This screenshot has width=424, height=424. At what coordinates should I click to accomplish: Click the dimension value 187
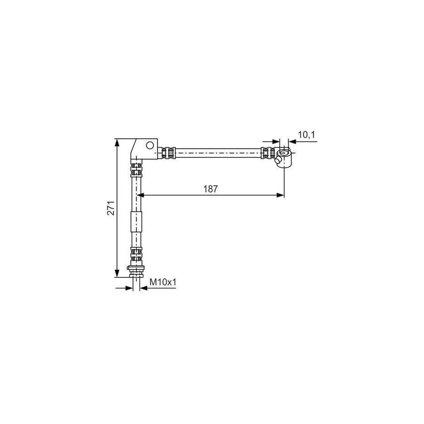point(211,189)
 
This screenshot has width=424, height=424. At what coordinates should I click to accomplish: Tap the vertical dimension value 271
point(111,208)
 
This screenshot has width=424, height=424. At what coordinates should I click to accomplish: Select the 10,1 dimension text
point(307,134)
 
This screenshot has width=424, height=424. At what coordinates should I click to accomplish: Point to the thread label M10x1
point(163,282)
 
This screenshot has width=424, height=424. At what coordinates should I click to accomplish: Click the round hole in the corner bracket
point(149,146)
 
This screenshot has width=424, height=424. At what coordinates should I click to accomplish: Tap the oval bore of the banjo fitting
point(284,153)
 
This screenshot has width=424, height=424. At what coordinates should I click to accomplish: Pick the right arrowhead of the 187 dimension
point(280,195)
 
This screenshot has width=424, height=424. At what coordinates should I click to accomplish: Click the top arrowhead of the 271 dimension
point(117,142)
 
